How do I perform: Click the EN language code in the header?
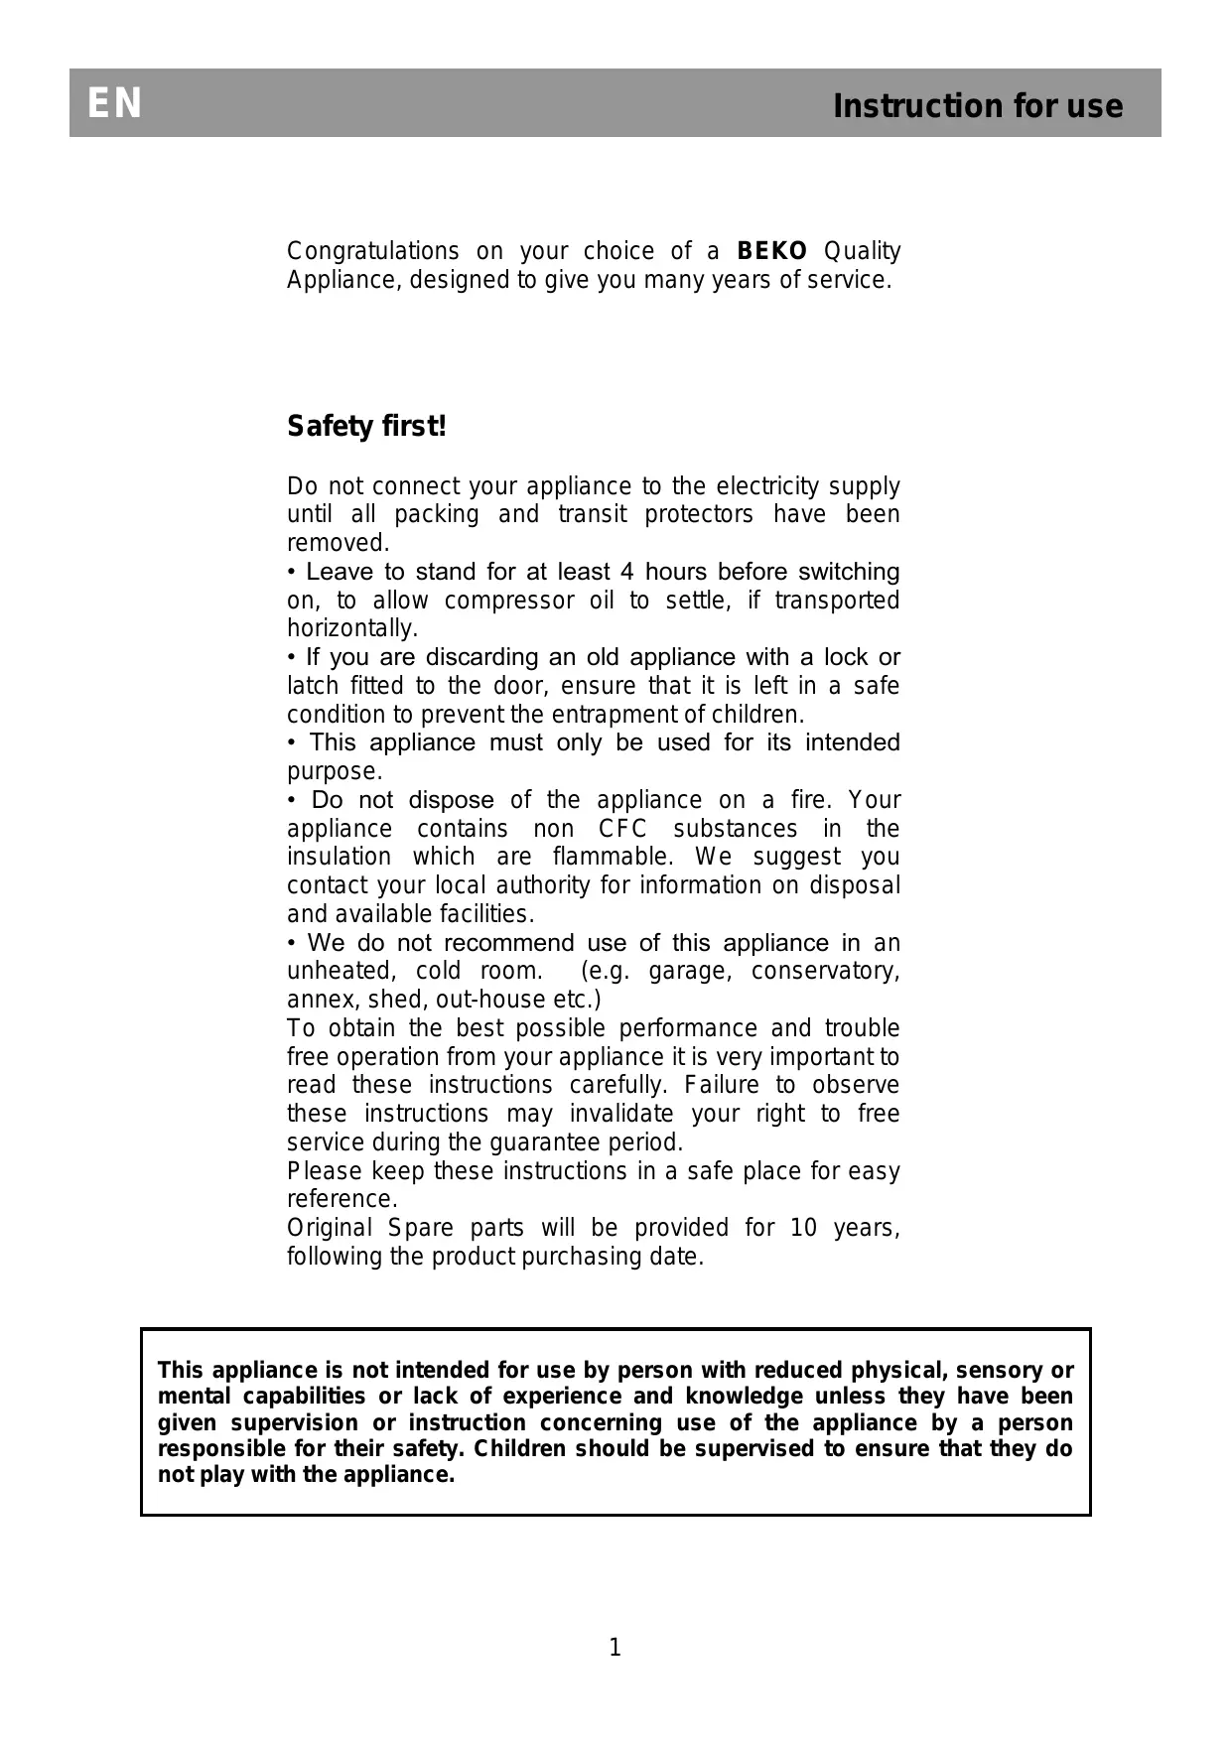point(115,104)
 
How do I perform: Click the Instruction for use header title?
point(978,106)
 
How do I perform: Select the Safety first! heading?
point(367,427)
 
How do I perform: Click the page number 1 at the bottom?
point(615,1648)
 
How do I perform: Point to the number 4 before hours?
point(626,572)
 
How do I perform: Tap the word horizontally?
point(351,629)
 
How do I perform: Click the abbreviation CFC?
point(623,829)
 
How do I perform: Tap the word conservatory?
point(825,971)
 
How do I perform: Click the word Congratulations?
point(373,251)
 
